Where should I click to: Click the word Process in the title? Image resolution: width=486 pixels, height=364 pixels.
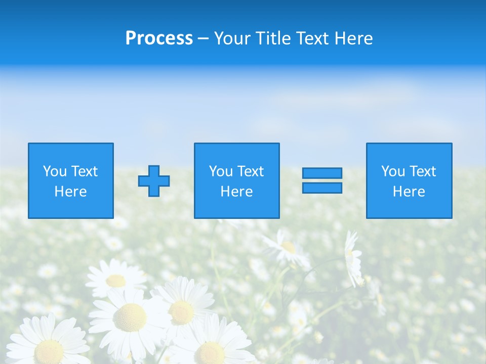(x=159, y=38)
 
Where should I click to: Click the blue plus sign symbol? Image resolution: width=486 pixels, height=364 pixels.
(x=154, y=181)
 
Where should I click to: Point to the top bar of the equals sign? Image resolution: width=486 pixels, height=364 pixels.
(x=322, y=173)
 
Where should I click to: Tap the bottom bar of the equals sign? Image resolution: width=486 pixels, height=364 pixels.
(x=322, y=188)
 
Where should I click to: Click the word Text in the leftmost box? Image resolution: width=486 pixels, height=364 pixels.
(x=84, y=171)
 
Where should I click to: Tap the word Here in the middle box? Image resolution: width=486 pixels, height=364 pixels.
(x=237, y=192)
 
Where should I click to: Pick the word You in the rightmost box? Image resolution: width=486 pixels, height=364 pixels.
(x=393, y=171)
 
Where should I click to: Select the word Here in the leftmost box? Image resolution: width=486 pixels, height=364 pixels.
(x=71, y=192)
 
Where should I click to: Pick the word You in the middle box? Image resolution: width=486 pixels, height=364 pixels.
(x=221, y=171)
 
